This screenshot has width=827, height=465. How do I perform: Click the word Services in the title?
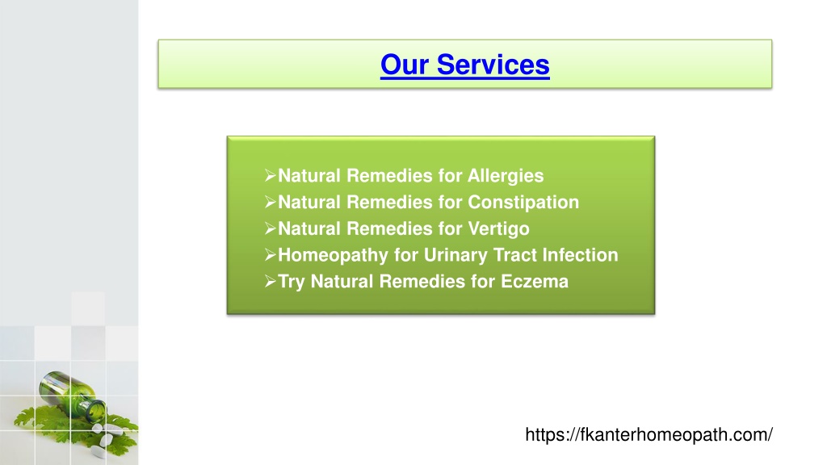493,65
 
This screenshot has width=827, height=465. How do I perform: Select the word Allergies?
506,176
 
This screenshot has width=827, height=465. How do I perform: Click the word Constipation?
523,203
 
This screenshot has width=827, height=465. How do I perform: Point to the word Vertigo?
498,228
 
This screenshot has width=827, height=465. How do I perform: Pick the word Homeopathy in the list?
333,255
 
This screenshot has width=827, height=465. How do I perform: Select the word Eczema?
535,282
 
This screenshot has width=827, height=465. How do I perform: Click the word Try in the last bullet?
291,282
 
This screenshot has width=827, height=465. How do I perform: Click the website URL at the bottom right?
649,435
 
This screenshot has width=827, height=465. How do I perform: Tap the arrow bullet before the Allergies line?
270,175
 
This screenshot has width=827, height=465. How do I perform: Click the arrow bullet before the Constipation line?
270,202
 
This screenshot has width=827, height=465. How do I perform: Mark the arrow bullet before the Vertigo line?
270,228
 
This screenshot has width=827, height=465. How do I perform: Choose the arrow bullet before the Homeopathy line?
270,254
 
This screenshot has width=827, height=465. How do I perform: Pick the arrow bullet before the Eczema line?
270,281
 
